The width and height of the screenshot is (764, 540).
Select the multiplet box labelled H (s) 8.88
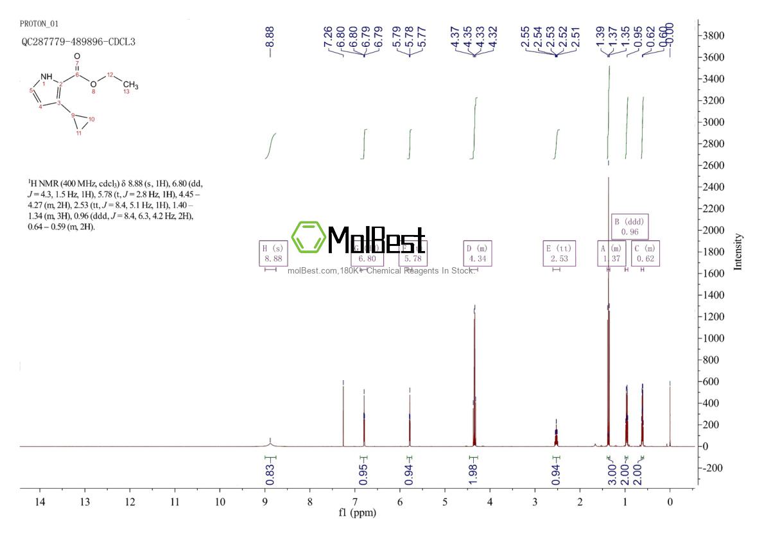click(x=270, y=252)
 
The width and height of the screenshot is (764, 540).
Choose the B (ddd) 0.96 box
click(x=630, y=226)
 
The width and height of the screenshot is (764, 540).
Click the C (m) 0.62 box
click(x=645, y=252)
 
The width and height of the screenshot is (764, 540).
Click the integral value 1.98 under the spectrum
click(x=473, y=473)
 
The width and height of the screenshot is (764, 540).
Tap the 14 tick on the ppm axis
click(x=39, y=501)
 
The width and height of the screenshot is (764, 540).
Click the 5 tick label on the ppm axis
click(x=445, y=501)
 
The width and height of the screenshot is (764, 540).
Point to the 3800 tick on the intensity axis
click(x=715, y=35)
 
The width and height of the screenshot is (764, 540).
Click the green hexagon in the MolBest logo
click(x=307, y=237)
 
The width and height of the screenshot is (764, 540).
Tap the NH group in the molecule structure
click(x=48, y=77)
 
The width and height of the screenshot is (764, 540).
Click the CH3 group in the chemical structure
click(x=130, y=85)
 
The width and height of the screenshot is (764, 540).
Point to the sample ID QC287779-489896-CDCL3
click(x=78, y=42)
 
